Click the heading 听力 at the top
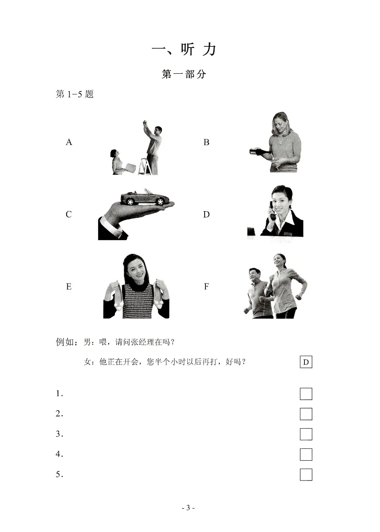pyautogui.click(x=184, y=50)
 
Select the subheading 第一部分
pyautogui.click(x=184, y=74)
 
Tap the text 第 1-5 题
pyautogui.click(x=75, y=94)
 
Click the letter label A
pyautogui.click(x=69, y=142)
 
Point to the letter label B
pyautogui.click(x=206, y=142)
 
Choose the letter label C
pyautogui.click(x=68, y=214)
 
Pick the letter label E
pyautogui.click(x=68, y=286)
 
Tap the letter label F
pyautogui.click(x=206, y=286)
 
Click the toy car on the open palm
pyautogui.click(x=144, y=197)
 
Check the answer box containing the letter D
pyautogui.click(x=306, y=362)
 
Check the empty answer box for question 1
pyautogui.click(x=306, y=394)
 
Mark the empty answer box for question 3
pyautogui.click(x=306, y=434)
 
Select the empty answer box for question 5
pyautogui.click(x=306, y=475)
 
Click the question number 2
pyautogui.click(x=59, y=414)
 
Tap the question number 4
pyautogui.click(x=59, y=454)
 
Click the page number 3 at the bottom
pyautogui.click(x=188, y=508)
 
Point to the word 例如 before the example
pyautogui.click(x=65, y=342)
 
